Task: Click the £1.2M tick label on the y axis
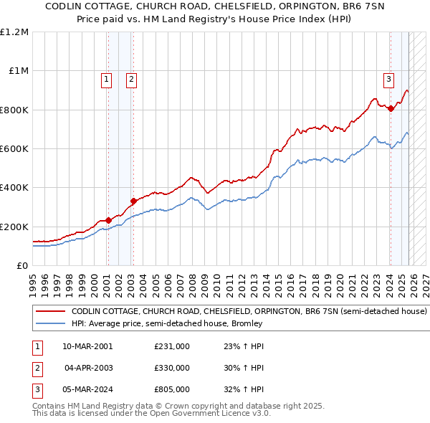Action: coord(14,32)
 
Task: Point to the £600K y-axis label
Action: coord(14,149)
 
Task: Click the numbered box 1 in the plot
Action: coord(107,80)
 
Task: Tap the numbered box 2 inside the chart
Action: coord(132,80)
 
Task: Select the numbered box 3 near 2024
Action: coord(388,80)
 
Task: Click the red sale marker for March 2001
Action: coord(108,220)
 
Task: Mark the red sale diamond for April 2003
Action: coord(133,201)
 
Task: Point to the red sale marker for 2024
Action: coord(391,109)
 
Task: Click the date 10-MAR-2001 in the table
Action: coord(87,346)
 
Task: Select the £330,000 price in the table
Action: coord(172,368)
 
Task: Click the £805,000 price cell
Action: coord(172,389)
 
